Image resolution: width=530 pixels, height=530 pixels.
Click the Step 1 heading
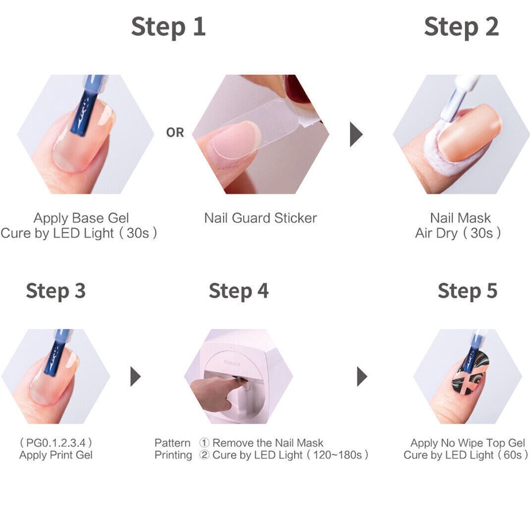point(168,27)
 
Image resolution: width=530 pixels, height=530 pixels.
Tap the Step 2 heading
point(461,27)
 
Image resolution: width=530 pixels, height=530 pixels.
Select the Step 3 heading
point(56,291)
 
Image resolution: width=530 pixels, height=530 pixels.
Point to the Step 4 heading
point(239,291)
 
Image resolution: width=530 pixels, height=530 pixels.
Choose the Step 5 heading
point(468,291)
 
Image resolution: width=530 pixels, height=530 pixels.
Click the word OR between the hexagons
point(175,133)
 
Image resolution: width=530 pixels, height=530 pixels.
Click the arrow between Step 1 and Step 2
point(356,134)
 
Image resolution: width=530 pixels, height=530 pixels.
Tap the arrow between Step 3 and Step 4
point(136,376)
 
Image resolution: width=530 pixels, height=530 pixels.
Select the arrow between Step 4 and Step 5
point(362,376)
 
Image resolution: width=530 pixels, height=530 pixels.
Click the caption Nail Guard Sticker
point(261,218)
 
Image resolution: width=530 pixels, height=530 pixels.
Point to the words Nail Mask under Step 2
point(460,218)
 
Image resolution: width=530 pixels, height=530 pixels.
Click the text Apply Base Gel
point(81,218)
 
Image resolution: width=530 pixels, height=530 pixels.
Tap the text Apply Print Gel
point(56,455)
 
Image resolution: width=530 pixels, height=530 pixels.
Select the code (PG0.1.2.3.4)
point(56,442)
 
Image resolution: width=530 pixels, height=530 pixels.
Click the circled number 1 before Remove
point(204,443)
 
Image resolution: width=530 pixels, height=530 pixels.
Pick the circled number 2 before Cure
point(204,455)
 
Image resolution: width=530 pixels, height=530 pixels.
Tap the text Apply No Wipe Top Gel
point(468,443)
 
